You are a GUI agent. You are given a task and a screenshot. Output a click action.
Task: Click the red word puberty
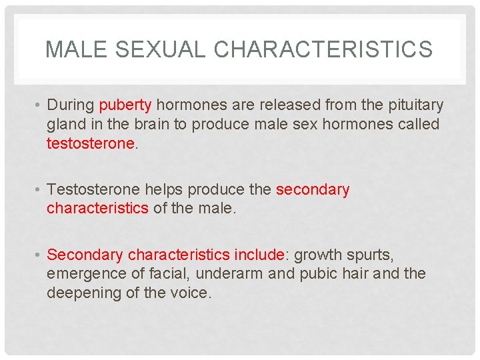(125, 105)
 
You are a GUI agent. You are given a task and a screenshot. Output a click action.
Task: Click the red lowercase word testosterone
(90, 143)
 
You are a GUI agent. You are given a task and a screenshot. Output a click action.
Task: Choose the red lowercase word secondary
(313, 190)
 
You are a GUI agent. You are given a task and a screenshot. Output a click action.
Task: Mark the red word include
(259, 255)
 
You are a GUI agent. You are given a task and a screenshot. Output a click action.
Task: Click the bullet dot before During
(39, 105)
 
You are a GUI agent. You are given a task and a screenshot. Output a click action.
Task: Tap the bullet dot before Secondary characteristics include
(39, 255)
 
